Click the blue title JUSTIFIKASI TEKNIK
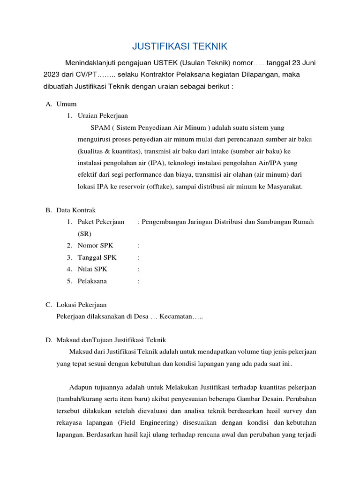pyautogui.click(x=180, y=46)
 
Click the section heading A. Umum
pyautogui.click(x=61, y=104)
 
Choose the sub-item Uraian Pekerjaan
pyautogui.click(x=103, y=115)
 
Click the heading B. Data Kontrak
pyautogui.click(x=70, y=210)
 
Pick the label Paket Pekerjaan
pyautogui.click(x=101, y=222)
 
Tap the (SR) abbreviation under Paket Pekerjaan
pyautogui.click(x=85, y=233)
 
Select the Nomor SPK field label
pyautogui.click(x=95, y=245)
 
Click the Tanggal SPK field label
pyautogui.click(x=97, y=257)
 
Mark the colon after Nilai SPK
pyautogui.click(x=139, y=269)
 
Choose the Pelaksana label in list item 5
pyautogui.click(x=92, y=281)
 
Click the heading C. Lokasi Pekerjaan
pyautogui.click(x=76, y=305)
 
